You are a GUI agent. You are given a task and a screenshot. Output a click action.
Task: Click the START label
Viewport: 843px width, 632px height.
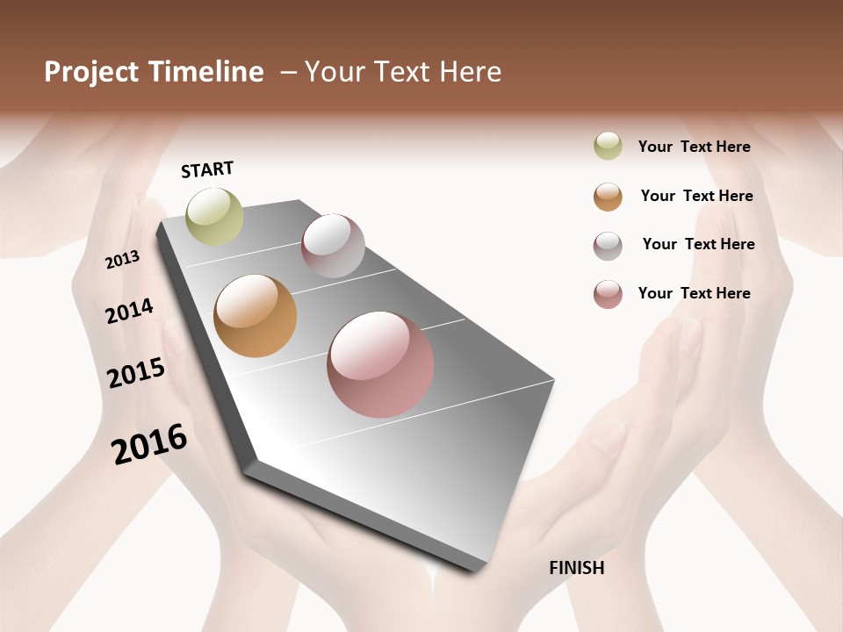coord(207,169)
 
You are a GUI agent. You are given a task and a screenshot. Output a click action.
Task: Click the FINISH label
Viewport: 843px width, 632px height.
coord(576,568)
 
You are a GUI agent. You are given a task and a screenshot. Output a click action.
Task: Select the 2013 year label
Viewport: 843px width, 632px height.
coord(122,259)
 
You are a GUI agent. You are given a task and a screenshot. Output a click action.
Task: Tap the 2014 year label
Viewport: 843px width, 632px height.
coord(129,311)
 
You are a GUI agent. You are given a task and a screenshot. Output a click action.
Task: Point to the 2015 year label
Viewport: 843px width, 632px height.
coord(136,373)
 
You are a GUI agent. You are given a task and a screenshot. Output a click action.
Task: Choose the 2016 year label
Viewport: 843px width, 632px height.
coord(149,444)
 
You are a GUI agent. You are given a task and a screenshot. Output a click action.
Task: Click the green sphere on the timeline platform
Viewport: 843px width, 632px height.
coord(214,216)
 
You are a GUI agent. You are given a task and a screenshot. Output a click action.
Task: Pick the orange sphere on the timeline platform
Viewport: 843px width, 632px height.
coord(255,316)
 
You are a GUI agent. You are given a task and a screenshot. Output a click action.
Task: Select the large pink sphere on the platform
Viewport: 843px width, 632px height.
coord(380,364)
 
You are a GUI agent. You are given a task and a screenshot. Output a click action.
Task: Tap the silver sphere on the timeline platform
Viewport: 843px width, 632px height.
coord(333,246)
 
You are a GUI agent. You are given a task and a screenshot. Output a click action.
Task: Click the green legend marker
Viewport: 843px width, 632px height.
coord(608,147)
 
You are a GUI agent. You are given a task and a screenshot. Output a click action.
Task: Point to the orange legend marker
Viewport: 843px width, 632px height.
coord(608,197)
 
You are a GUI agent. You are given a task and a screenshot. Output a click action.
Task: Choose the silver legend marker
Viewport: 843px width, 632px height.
coord(608,246)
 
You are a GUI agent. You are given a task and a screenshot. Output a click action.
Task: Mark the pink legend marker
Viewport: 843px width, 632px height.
coord(608,294)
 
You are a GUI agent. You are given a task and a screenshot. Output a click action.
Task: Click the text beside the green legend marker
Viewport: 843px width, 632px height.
coord(694,147)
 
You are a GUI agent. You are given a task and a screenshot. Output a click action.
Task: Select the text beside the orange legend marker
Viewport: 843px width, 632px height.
coord(696,196)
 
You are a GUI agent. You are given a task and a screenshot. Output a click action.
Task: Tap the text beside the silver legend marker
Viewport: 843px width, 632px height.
coord(698,244)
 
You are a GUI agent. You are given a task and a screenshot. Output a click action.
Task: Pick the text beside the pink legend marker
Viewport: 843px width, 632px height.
coord(694,293)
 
